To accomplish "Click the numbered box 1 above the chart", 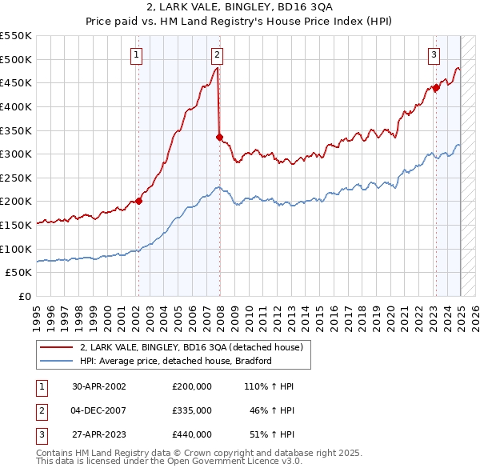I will (x=137, y=55).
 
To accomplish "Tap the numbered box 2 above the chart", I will (x=217, y=55).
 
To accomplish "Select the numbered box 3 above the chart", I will (x=434, y=55).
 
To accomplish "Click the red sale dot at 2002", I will (x=138, y=201).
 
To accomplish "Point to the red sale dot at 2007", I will (x=219, y=137).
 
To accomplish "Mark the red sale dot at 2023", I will (x=436, y=88).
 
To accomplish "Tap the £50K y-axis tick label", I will (x=19, y=272).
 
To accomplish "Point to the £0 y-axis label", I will (x=25, y=296).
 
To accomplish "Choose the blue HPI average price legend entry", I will (x=176, y=361).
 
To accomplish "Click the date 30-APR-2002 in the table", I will (x=99, y=386).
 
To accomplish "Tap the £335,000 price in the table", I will (x=191, y=410).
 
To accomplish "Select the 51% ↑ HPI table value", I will (x=271, y=434).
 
